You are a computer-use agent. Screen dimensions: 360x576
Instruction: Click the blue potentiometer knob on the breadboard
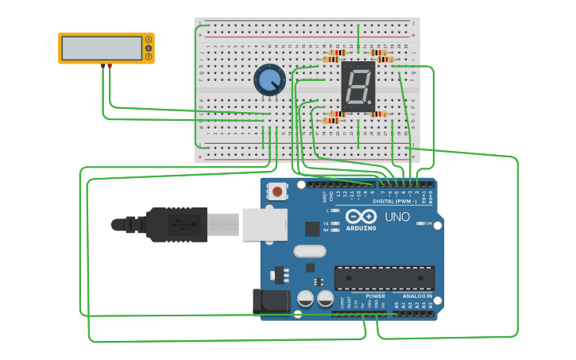(x=270, y=80)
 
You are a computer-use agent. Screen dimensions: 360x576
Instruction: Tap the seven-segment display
(x=358, y=86)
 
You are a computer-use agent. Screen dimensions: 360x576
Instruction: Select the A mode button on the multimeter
(x=149, y=40)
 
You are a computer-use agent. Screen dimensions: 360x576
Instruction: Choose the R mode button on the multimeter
(x=149, y=56)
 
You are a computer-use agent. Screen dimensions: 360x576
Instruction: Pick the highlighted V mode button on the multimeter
(x=149, y=48)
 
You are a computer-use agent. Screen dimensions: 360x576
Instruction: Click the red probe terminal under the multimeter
(x=110, y=66)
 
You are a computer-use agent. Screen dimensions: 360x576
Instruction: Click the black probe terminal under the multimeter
(x=102, y=66)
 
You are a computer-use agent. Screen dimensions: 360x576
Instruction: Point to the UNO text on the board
(x=397, y=217)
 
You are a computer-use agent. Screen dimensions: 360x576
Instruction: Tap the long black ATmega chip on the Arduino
(x=385, y=278)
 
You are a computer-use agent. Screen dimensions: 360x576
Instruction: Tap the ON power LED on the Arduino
(x=419, y=223)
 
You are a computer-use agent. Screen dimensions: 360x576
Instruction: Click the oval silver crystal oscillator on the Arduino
(x=309, y=251)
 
